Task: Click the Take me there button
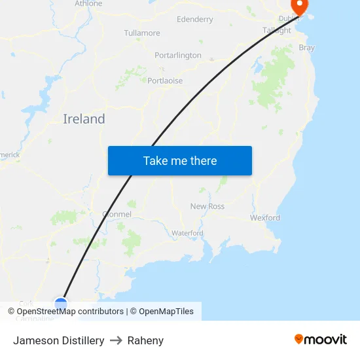click(x=179, y=161)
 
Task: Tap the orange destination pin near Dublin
click(x=299, y=7)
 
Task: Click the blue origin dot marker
click(x=61, y=304)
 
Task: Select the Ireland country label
click(x=84, y=119)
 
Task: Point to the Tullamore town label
click(x=142, y=33)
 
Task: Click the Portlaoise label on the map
click(x=165, y=81)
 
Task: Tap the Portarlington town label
click(x=178, y=56)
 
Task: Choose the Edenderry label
click(x=195, y=20)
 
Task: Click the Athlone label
click(x=88, y=4)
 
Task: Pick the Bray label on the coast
click(x=306, y=48)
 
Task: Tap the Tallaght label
click(x=277, y=31)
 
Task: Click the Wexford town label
click(x=265, y=218)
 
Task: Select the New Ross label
click(x=207, y=206)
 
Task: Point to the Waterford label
click(x=187, y=233)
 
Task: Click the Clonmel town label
click(x=117, y=214)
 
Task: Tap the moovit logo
click(x=321, y=340)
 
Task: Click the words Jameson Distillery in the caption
click(x=59, y=340)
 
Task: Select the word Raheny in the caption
click(x=145, y=340)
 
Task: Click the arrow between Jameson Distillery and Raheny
click(x=116, y=340)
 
